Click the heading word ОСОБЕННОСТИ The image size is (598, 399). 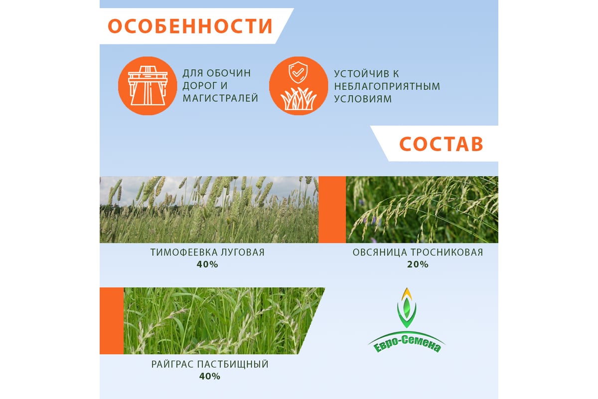pyautogui.click(x=190, y=26)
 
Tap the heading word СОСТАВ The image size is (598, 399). pyautogui.click(x=441, y=144)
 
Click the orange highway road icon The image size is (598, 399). pyautogui.click(x=148, y=86)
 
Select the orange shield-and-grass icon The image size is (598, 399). pyautogui.click(x=299, y=86)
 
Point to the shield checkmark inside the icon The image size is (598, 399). pyautogui.click(x=298, y=72)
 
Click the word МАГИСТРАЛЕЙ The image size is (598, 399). pyautogui.click(x=220, y=98)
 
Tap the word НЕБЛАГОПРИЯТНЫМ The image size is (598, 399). pyautogui.click(x=387, y=86)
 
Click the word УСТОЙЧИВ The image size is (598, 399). pyautogui.click(x=363, y=74)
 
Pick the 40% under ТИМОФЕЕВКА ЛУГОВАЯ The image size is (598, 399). pyautogui.click(x=207, y=264)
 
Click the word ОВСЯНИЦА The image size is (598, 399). pyautogui.click(x=380, y=252)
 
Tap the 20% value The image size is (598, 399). pyautogui.click(x=418, y=264)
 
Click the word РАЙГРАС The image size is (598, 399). pyautogui.click(x=173, y=364)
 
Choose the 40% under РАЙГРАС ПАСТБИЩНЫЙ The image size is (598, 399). pyautogui.click(x=210, y=376)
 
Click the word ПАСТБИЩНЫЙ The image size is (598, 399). pyautogui.click(x=233, y=364)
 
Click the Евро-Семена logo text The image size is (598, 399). pyautogui.click(x=407, y=344)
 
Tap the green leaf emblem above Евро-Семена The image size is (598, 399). pyautogui.click(x=407, y=308)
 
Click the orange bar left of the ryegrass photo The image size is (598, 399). pyautogui.click(x=112, y=321)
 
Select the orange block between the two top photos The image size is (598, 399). pyautogui.click(x=332, y=209)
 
